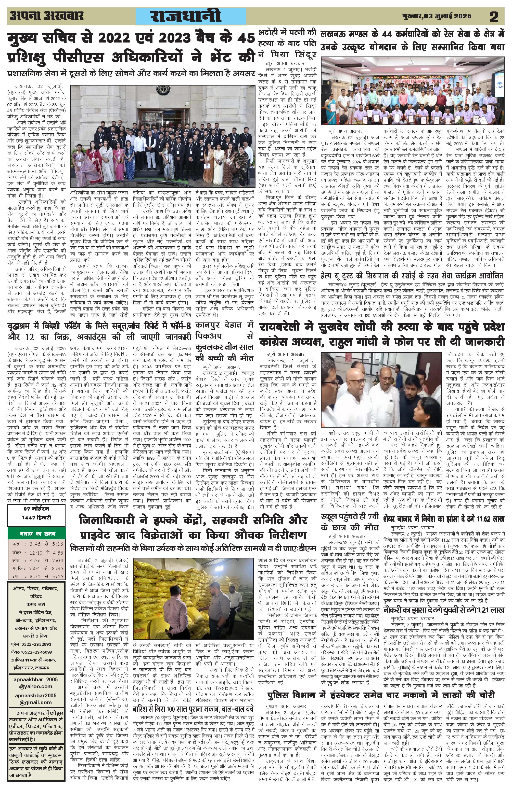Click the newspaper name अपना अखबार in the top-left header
[x=46, y=16]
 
